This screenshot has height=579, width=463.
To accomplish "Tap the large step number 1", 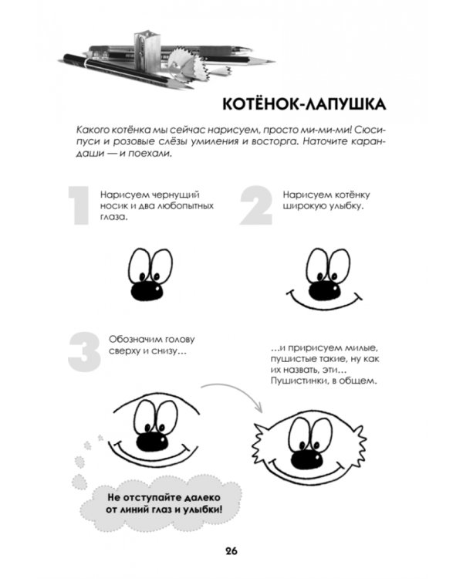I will click(79, 206).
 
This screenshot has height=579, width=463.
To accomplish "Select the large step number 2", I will click(257, 206).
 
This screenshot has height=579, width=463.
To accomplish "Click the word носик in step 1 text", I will click(113, 207).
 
